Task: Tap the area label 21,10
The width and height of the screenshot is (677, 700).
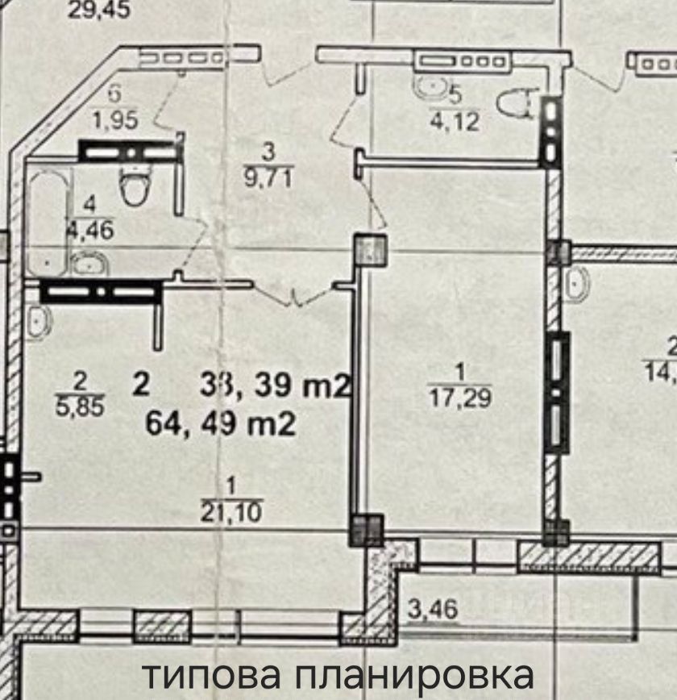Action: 232,511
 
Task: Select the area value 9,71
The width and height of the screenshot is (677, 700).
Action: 269,175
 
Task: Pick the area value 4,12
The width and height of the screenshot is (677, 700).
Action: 455,123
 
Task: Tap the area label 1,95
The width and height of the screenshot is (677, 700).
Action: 114,120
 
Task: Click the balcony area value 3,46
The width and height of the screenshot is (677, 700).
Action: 434,609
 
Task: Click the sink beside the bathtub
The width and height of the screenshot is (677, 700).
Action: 85,263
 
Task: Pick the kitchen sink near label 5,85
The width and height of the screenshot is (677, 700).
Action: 38,321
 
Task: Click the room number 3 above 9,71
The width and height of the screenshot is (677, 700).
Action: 269,150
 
